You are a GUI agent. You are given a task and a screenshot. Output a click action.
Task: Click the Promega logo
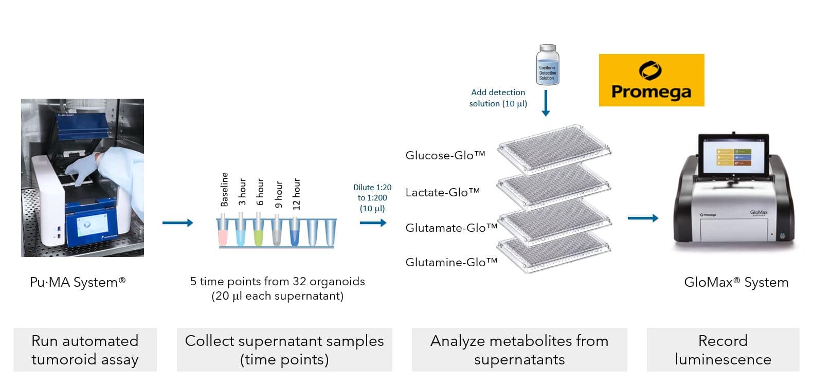point(651,80)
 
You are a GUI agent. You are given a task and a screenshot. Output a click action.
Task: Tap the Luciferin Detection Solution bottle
point(547,65)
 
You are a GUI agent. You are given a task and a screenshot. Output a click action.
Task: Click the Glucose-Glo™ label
point(445,155)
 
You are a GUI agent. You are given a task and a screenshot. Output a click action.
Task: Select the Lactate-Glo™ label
point(442,192)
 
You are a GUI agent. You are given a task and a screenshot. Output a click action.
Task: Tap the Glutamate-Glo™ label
point(451,228)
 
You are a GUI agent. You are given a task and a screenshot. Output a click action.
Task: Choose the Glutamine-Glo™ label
point(451,262)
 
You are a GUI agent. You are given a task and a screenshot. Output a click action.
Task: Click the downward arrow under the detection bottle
point(546,103)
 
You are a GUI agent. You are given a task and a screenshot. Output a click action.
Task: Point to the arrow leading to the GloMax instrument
point(643,218)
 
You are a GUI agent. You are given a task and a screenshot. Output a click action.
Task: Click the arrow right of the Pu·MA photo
point(177,223)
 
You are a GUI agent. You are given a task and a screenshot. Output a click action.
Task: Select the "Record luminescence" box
point(722,350)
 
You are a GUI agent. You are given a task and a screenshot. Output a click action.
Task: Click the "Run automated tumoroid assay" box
point(85,350)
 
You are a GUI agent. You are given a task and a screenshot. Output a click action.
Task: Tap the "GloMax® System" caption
point(736,282)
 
